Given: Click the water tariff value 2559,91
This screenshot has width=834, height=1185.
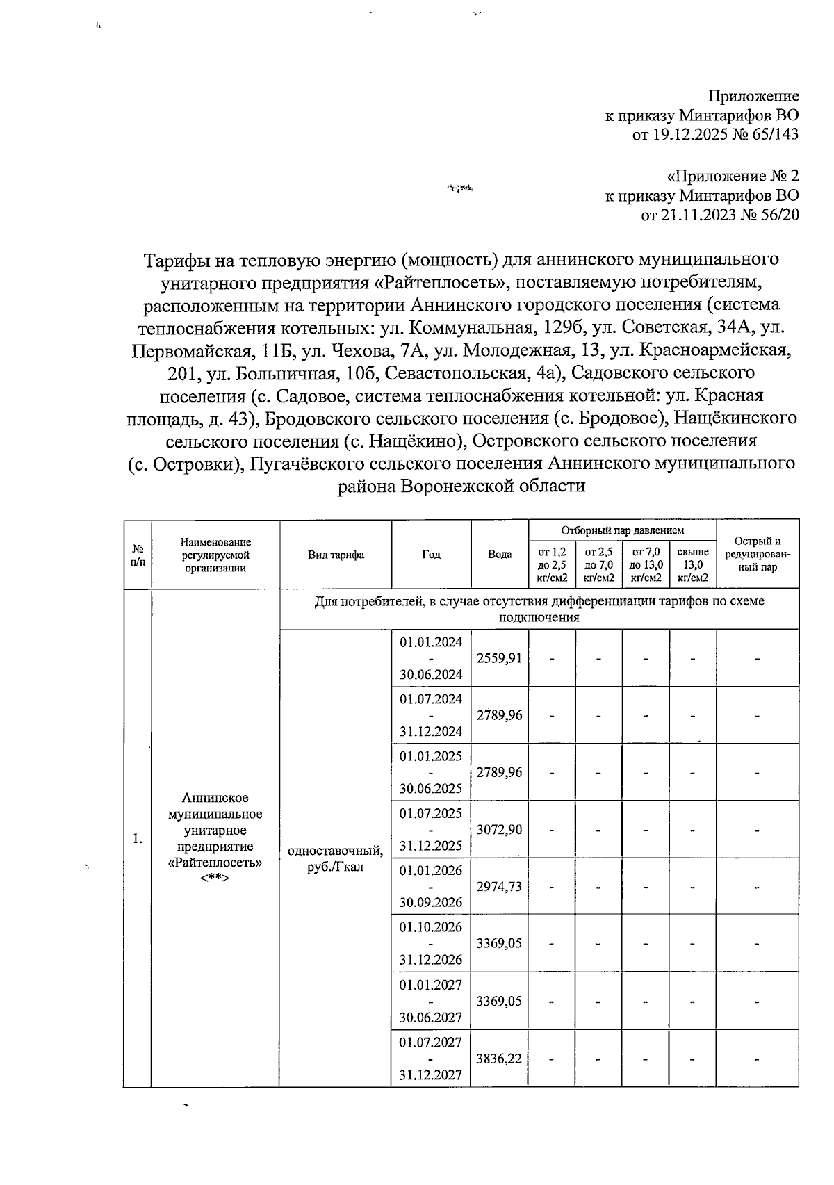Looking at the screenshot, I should [499, 658].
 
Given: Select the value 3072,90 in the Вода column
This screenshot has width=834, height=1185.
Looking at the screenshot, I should [499, 830].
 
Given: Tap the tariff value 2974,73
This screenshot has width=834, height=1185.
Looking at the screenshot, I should [499, 887].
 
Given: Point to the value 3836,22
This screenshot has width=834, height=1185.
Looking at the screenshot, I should [499, 1059].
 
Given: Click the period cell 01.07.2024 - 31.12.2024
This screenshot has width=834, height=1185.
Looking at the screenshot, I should [431, 715].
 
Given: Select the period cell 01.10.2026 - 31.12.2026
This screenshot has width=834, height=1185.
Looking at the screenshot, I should [431, 944].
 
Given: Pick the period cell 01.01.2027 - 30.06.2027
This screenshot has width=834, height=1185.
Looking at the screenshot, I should [431, 1001].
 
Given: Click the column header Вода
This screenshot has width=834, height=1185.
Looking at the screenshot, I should [500, 555].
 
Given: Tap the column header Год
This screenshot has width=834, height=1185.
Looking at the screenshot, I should [431, 555].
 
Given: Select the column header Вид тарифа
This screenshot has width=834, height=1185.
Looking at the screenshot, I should [336, 555].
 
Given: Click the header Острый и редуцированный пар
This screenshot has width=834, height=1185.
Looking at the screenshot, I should [757, 555].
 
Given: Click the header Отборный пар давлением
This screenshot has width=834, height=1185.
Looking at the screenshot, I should [622, 530].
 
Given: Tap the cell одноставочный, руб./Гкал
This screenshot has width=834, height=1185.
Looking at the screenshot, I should [336, 859].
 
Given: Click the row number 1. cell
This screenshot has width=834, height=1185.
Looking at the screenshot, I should [138, 839].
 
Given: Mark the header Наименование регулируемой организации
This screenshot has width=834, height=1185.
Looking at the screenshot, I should [215, 555].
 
